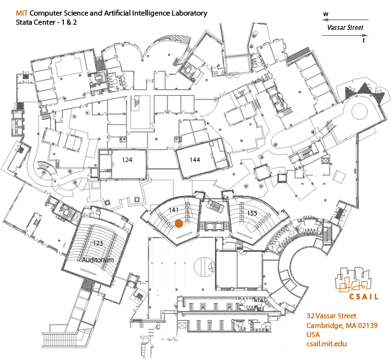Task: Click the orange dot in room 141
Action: click(x=178, y=223)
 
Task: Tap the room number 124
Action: click(x=127, y=159)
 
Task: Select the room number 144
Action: click(x=195, y=159)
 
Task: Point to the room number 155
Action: click(x=252, y=213)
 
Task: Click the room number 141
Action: click(x=173, y=210)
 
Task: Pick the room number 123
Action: click(x=98, y=243)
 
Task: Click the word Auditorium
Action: click(x=98, y=260)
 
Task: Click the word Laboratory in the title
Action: click(x=185, y=13)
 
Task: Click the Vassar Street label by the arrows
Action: click(x=345, y=28)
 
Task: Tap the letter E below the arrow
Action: click(x=363, y=40)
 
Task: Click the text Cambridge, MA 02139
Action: click(x=347, y=325)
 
